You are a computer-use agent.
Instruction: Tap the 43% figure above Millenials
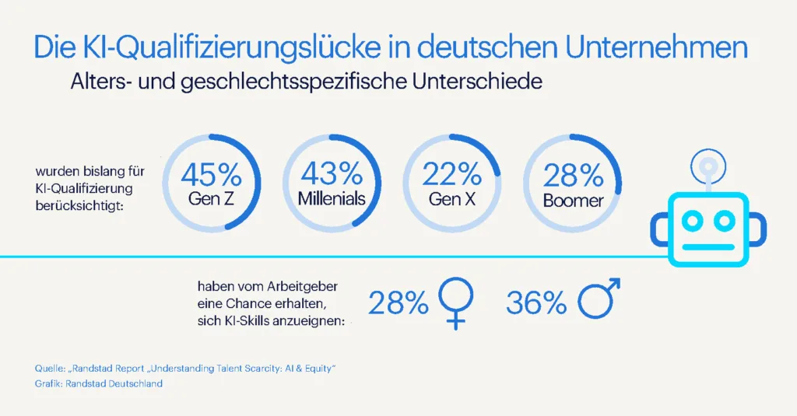pyautogui.click(x=332, y=173)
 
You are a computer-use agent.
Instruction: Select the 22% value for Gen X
pyautogui.click(x=451, y=173)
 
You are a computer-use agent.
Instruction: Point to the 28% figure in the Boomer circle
pyautogui.click(x=573, y=175)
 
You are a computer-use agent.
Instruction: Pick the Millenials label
pyautogui.click(x=332, y=198)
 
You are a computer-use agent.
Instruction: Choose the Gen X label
pyautogui.click(x=451, y=198)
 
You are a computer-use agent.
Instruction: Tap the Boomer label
pyautogui.click(x=574, y=201)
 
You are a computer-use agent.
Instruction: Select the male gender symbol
pyautogui.click(x=600, y=301)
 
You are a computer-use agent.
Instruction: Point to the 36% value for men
pyautogui.click(x=536, y=304)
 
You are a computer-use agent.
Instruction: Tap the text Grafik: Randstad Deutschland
pyautogui.click(x=98, y=383)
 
